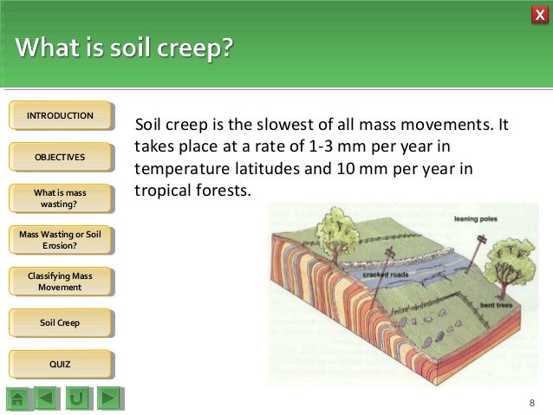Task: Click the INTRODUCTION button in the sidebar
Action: coord(60,116)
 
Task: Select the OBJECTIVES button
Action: coord(60,157)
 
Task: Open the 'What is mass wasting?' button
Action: coord(60,198)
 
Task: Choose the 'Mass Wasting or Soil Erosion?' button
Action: coord(60,240)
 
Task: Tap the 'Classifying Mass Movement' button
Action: coord(60,282)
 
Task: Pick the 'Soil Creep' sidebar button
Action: coord(60,322)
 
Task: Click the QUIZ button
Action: coord(60,364)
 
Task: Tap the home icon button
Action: coord(19,399)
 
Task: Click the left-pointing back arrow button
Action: coord(49,399)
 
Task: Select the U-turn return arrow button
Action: coord(78,399)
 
